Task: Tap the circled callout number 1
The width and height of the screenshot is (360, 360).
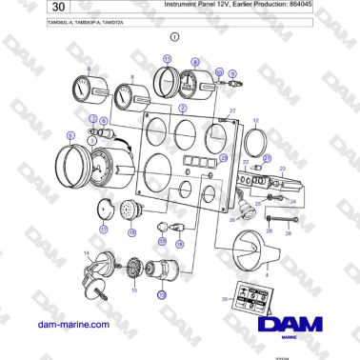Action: click(174, 37)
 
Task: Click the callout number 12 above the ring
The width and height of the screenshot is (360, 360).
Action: click(255, 122)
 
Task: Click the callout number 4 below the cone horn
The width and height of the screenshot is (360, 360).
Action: click(267, 275)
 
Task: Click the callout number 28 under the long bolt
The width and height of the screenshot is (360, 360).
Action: click(287, 231)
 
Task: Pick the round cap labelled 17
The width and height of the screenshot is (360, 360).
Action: click(106, 210)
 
